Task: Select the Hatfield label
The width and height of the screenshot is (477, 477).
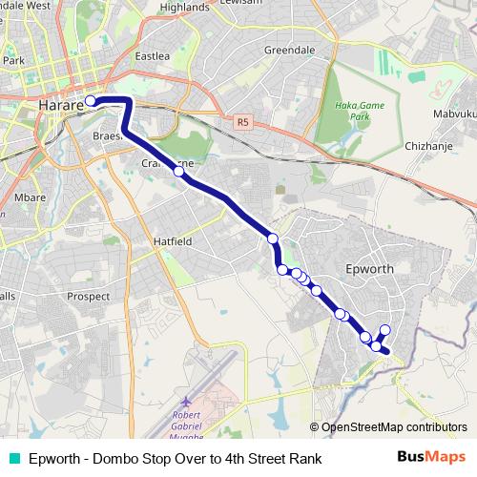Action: [173, 241]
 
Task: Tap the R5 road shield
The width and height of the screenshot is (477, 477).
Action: [242, 122]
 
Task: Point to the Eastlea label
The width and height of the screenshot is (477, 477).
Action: [152, 56]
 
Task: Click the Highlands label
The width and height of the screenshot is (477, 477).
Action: [184, 7]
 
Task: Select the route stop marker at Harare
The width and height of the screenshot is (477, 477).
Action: [91, 100]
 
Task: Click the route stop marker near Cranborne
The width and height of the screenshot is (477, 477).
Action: [178, 172]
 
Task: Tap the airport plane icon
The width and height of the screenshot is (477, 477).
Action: [185, 403]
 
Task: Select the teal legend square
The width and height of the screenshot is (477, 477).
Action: [12, 458]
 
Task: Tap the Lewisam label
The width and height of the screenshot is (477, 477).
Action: [269, 5]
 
